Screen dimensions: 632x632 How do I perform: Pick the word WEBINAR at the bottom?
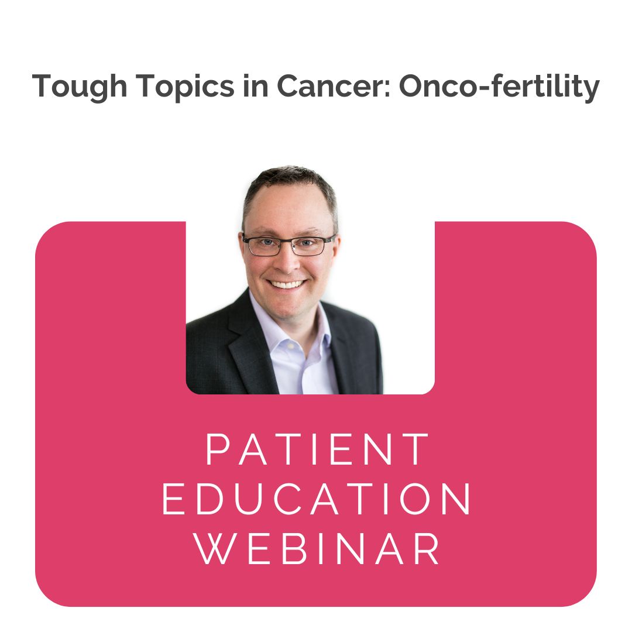317,549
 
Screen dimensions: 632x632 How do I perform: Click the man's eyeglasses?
288,245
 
